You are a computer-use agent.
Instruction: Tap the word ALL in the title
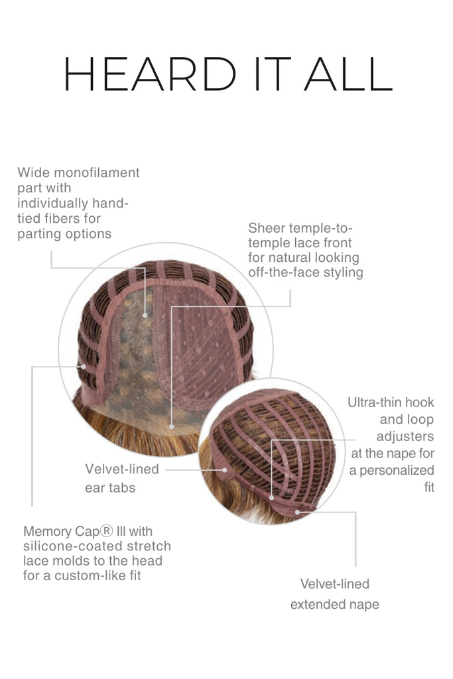click(x=348, y=74)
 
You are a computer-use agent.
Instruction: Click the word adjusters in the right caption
click(x=405, y=436)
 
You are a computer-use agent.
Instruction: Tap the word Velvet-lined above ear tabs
click(x=122, y=469)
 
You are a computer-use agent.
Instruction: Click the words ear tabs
click(x=110, y=488)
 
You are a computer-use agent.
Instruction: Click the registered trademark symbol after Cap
click(x=107, y=531)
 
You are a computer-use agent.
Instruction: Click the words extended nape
click(x=335, y=605)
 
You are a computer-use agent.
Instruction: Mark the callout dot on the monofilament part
click(x=145, y=315)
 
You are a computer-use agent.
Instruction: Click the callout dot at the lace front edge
click(x=172, y=426)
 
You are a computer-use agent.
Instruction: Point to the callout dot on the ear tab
click(x=225, y=470)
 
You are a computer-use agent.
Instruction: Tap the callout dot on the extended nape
click(x=298, y=513)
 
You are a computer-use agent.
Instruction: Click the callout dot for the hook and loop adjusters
click(x=271, y=498)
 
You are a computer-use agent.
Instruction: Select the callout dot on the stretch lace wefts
click(x=84, y=367)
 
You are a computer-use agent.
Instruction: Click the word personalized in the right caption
click(x=397, y=470)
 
